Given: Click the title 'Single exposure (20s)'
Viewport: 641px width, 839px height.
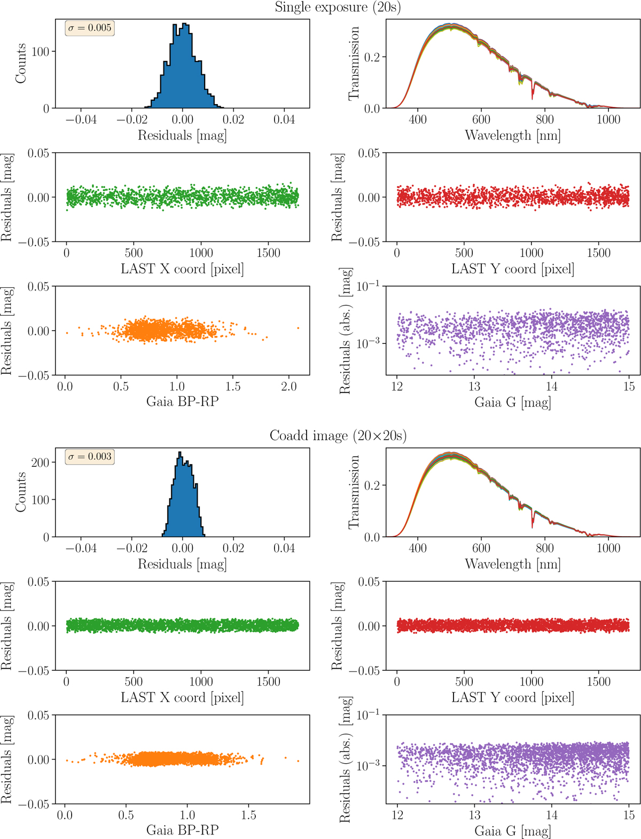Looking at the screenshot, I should coord(338,7).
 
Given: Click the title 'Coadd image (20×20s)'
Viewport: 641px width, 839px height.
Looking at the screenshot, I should coord(338,436).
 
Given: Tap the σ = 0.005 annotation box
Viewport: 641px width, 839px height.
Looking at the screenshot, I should coord(90,28).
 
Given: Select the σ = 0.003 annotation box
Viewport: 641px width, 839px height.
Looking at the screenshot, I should coord(90,457).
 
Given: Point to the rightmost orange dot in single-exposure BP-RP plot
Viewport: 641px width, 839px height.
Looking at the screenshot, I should coord(298,328).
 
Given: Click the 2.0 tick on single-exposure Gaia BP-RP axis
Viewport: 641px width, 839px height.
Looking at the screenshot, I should coord(289,387).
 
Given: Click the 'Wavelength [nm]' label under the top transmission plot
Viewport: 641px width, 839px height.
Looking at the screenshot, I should coord(512,135).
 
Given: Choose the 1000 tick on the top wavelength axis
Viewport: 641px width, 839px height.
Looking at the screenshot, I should coord(608,120).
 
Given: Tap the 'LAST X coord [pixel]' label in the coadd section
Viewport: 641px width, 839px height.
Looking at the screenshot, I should coord(182,697).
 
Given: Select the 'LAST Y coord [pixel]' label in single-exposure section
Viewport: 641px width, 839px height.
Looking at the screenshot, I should coord(512,269).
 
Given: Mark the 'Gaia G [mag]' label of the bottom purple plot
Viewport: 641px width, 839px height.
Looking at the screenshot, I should coord(512,831).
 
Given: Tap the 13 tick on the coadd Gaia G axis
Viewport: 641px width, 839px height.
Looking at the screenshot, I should coord(474,816).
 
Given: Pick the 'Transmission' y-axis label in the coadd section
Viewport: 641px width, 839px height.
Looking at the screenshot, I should coord(353,492).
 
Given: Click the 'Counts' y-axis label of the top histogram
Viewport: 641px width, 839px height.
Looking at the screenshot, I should coord(21,64).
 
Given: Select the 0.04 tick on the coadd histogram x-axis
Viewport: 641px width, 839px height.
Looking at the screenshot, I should coord(284,548).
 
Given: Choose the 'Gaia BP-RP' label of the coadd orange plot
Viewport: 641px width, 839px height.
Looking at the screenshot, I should coord(182,830).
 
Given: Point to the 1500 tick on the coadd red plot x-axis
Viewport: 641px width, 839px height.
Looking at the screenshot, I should coord(598,682).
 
